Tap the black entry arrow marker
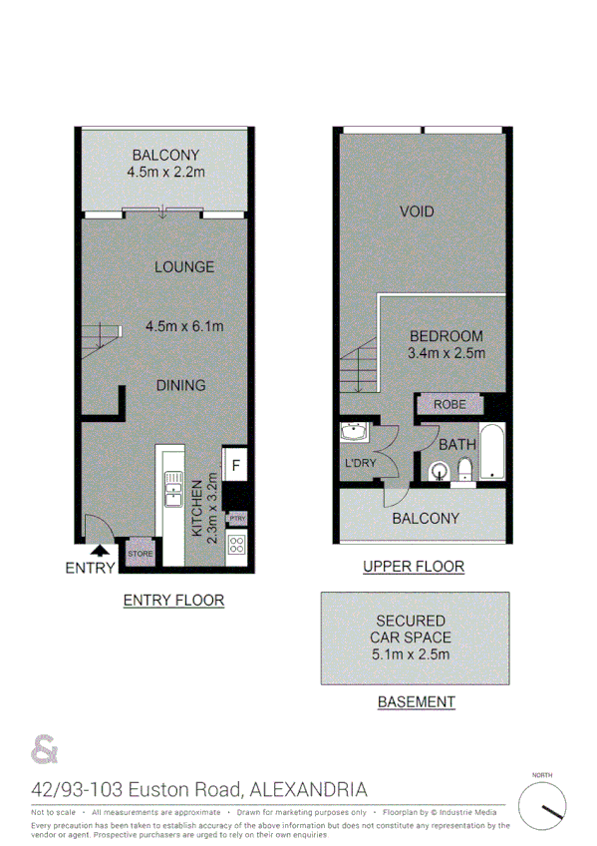(x=100, y=549)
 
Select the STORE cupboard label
(x=139, y=554)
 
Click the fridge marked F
(x=236, y=464)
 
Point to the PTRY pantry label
(x=236, y=519)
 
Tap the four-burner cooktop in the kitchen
(x=237, y=545)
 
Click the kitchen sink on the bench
(x=169, y=490)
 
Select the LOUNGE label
(x=183, y=266)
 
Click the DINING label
(x=180, y=385)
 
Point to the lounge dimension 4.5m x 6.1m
(x=184, y=326)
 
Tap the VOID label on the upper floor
(x=417, y=211)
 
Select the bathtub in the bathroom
(x=492, y=454)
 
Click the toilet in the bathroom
(x=464, y=470)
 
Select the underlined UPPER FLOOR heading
(x=413, y=567)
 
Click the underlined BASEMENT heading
(x=416, y=701)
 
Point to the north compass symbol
(x=542, y=804)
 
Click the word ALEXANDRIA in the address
(x=310, y=790)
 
